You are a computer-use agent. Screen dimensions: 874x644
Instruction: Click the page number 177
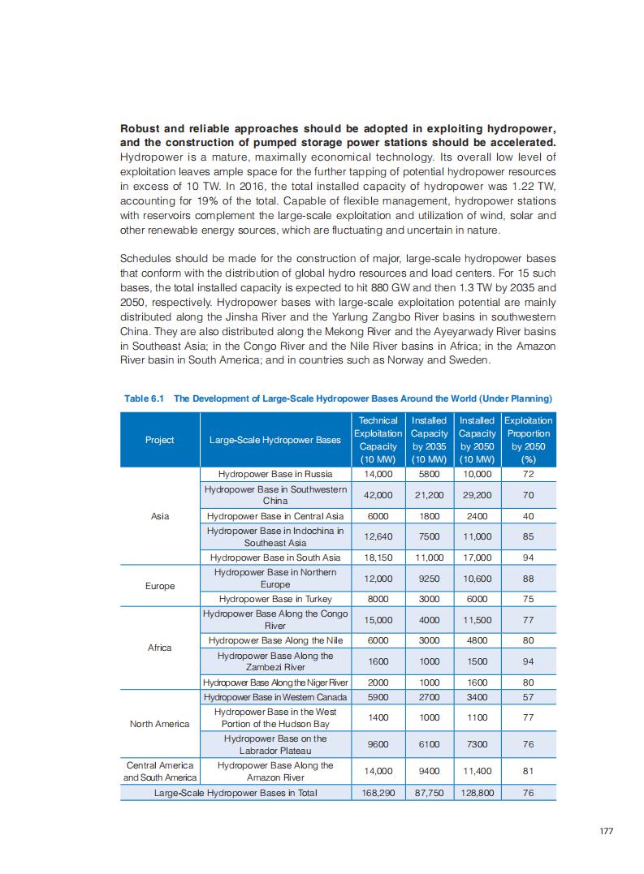(605, 831)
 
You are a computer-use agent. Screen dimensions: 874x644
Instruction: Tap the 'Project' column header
(160, 440)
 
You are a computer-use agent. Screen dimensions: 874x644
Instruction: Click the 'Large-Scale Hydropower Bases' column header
(274, 440)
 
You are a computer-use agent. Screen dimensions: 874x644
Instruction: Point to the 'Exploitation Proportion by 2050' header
(528, 440)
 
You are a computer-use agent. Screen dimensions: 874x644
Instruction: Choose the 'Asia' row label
(160, 515)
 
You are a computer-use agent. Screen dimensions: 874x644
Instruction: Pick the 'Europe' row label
(160, 585)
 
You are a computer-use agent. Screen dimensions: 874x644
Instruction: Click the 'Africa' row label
(160, 648)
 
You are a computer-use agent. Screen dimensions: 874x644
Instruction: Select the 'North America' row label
(160, 724)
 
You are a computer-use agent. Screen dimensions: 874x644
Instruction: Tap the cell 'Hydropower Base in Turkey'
(275, 599)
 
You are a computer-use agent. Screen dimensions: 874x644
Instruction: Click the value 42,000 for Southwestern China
(378, 495)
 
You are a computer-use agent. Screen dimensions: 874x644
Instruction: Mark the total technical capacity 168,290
(378, 793)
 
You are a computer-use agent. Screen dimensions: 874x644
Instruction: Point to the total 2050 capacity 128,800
(477, 793)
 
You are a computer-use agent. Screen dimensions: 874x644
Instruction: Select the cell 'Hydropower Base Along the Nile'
(275, 640)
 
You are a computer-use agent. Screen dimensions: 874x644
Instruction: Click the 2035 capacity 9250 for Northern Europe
(429, 578)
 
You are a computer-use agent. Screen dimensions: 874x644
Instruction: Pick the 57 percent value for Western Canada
(528, 697)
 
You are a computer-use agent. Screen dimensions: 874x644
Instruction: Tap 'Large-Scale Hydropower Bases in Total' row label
(236, 793)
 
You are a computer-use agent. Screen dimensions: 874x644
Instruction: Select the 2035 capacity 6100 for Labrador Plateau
(429, 744)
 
